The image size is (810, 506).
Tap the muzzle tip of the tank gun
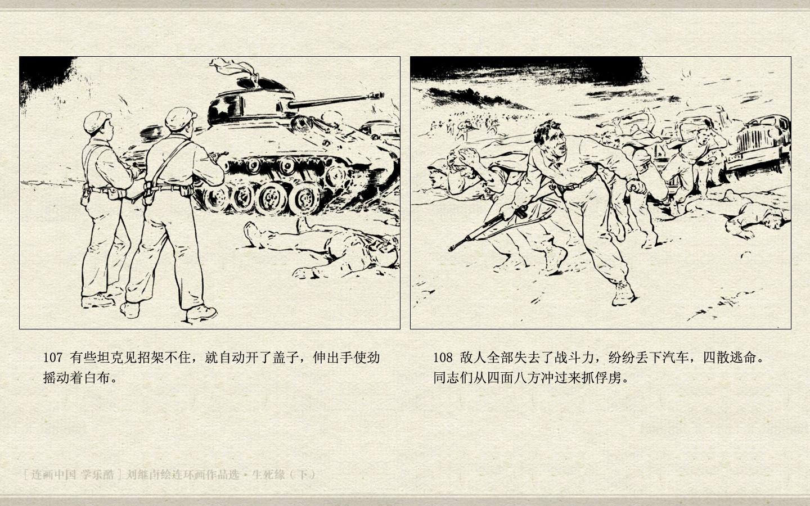(x=382, y=96)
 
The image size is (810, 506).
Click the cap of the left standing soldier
(x=97, y=121)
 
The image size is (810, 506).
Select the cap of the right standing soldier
(x=181, y=118)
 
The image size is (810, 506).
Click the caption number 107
(x=53, y=358)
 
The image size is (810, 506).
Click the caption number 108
(x=443, y=358)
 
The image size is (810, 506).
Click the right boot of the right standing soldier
(x=201, y=313)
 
